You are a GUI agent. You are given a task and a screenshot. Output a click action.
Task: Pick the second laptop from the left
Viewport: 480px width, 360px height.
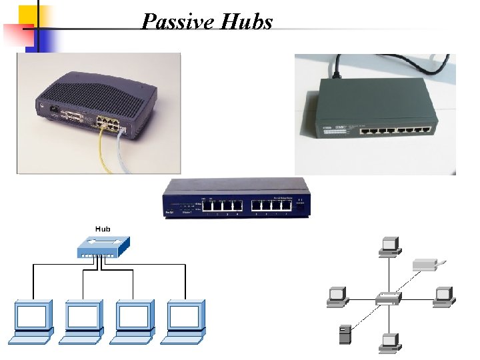[x=83, y=321]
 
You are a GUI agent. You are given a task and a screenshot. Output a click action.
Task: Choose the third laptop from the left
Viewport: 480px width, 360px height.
[x=134, y=321]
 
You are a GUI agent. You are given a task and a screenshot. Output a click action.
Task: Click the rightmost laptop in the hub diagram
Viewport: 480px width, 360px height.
[x=185, y=321]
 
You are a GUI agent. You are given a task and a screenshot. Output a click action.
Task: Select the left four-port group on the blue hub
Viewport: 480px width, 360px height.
[x=222, y=206]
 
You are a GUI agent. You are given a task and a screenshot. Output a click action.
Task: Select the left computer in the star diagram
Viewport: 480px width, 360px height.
[x=335, y=297]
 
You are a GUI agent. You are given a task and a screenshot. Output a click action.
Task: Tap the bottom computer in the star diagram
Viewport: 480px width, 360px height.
[x=388, y=342]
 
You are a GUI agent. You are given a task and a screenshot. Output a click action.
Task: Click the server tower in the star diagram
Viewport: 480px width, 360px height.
[x=345, y=333]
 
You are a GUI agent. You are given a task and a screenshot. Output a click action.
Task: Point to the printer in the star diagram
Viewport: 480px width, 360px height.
[x=426, y=265]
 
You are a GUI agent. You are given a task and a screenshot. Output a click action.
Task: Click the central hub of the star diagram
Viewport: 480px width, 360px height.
[x=388, y=299]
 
